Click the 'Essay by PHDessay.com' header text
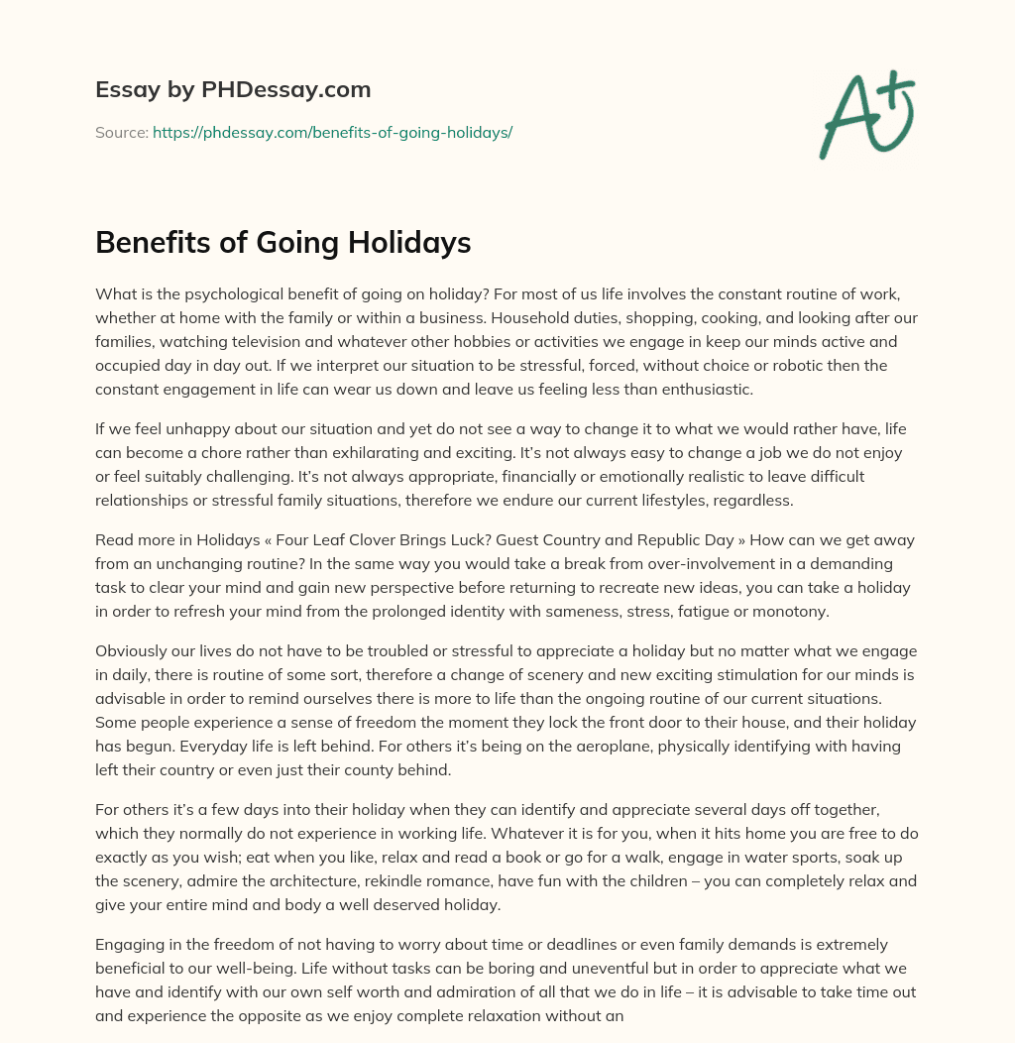[233, 90]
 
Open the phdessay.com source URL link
[332, 132]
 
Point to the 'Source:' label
[122, 132]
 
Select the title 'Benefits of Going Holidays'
[282, 243]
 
